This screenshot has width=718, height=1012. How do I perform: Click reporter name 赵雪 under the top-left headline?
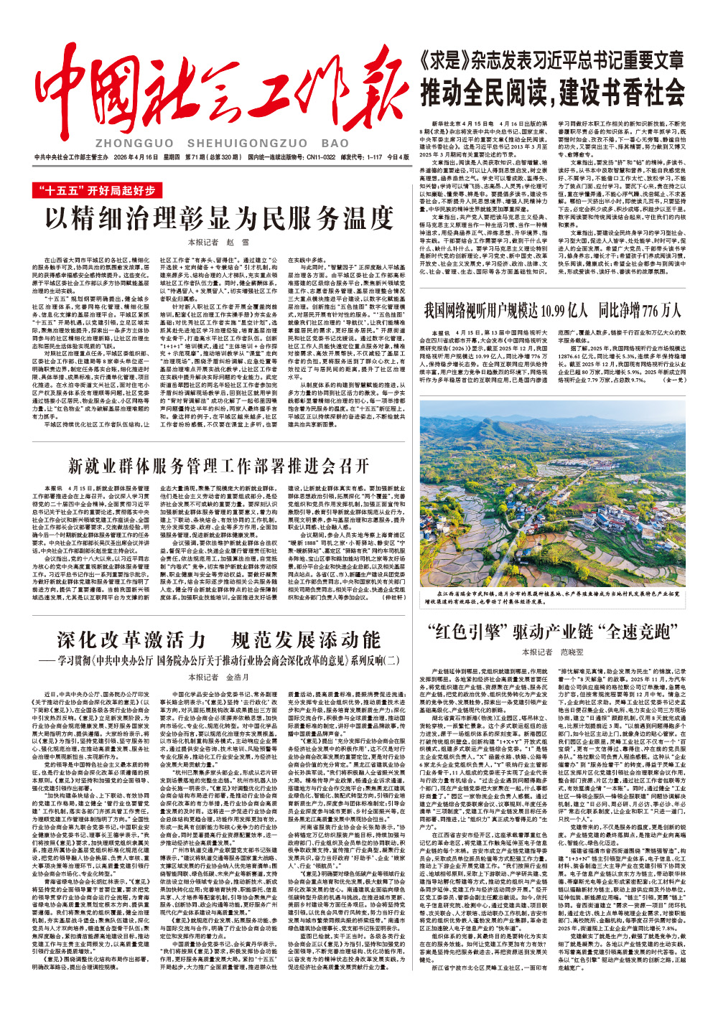tap(237, 243)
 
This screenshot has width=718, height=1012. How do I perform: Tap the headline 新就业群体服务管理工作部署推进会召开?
tap(219, 467)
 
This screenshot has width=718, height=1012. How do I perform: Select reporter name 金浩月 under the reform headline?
tap(238, 677)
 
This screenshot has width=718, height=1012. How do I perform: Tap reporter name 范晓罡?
tap(572, 652)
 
